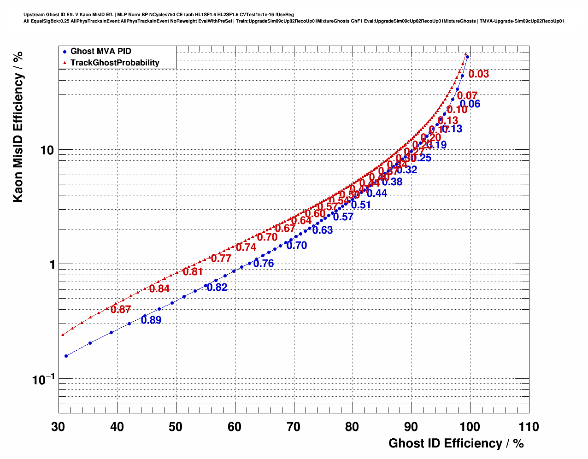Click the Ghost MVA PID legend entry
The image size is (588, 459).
point(100,51)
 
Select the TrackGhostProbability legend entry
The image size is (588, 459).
point(115,63)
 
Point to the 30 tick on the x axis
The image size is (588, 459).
point(59,427)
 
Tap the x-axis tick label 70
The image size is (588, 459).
point(294,427)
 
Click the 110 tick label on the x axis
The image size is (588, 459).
point(528,427)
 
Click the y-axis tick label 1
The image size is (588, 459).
point(50,265)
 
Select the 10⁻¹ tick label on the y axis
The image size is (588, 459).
point(43,380)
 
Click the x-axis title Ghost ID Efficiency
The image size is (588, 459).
point(456,443)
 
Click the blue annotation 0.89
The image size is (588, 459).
point(151,320)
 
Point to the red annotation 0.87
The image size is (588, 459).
point(121,310)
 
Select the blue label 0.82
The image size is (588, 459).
point(217,288)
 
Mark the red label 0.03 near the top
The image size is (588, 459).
point(479,74)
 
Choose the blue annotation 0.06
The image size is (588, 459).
point(470,104)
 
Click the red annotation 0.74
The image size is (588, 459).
point(246,247)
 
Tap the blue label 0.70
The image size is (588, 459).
point(297,246)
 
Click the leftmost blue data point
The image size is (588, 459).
point(66,356)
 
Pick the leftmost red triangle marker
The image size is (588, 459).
point(62,335)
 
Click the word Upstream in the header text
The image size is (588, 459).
point(34,15)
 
